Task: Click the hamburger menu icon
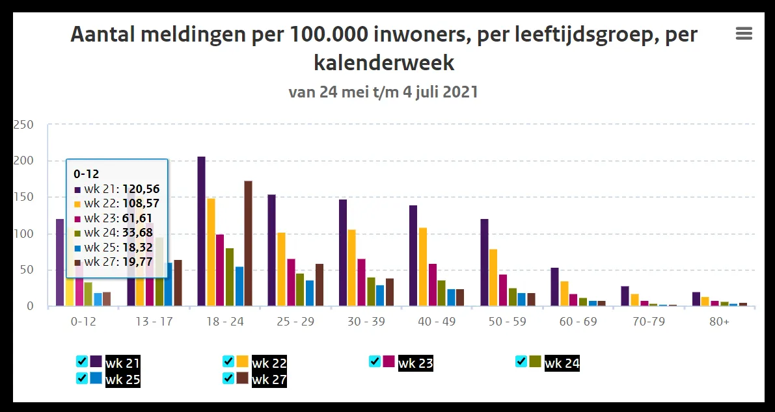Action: (744, 34)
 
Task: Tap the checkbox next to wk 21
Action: (82, 361)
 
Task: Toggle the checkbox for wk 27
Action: (228, 378)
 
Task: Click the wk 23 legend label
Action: (416, 363)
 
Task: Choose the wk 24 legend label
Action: (562, 363)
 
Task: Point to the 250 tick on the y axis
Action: (23, 125)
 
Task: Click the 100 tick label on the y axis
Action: (23, 234)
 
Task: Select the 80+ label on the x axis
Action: (719, 322)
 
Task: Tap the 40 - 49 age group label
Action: (436, 322)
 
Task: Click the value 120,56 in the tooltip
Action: (141, 189)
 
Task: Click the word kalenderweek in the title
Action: (384, 62)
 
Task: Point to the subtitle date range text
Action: (383, 92)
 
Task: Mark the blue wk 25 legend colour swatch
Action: (96, 378)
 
